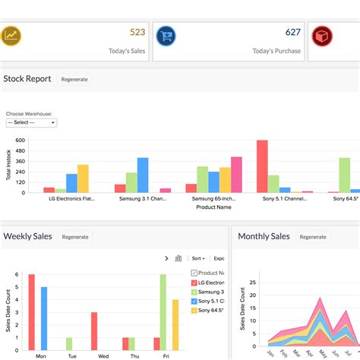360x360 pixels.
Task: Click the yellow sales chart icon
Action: pyautogui.click(x=11, y=36)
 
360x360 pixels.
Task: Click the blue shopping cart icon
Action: pyautogui.click(x=166, y=36)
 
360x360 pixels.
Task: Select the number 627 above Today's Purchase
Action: pyautogui.click(x=292, y=32)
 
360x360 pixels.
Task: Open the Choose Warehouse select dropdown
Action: pyautogui.click(x=31, y=122)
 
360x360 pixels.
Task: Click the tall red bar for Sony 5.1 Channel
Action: pyautogui.click(x=262, y=166)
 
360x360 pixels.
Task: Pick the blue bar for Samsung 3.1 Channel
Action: pyautogui.click(x=143, y=175)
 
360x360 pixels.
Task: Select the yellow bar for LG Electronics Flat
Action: pyautogui.click(x=83, y=178)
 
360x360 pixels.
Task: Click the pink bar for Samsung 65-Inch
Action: pyautogui.click(x=236, y=175)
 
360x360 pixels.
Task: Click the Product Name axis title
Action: pyautogui.click(x=213, y=207)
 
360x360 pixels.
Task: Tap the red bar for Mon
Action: pyautogui.click(x=32, y=311)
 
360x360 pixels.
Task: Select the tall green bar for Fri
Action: pyautogui.click(x=163, y=311)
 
